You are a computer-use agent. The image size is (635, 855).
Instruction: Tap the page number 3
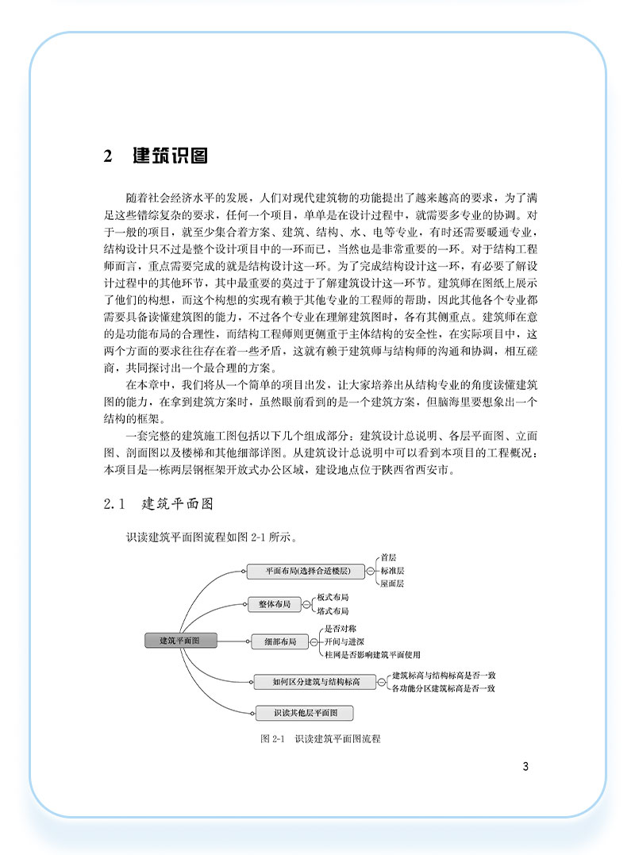click(x=525, y=767)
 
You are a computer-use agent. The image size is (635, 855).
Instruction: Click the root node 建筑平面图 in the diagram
click(x=179, y=640)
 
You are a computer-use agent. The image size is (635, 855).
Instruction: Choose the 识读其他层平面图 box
click(x=305, y=713)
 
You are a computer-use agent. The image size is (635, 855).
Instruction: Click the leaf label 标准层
click(x=392, y=571)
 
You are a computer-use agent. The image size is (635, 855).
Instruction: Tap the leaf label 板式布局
click(x=333, y=597)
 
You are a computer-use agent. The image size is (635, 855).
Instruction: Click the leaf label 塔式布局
click(x=333, y=611)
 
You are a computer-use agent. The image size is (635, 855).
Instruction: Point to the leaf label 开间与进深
click(x=344, y=641)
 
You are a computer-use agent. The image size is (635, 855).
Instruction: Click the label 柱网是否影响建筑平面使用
click(x=371, y=655)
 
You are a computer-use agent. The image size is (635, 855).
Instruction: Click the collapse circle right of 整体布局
click(x=306, y=605)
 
